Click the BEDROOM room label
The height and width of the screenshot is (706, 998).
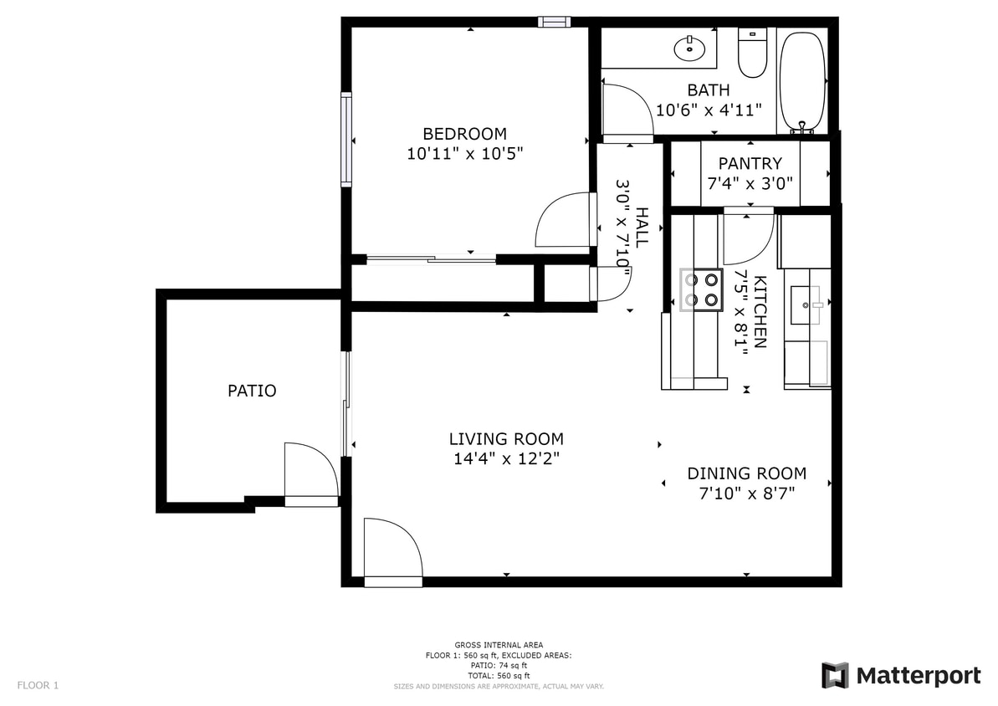click(464, 134)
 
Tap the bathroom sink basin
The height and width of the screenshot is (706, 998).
click(689, 48)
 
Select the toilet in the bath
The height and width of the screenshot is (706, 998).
click(752, 54)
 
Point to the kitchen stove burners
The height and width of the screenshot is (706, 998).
click(701, 289)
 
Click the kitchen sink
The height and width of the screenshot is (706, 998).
click(807, 304)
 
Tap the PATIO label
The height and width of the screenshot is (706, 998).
click(252, 391)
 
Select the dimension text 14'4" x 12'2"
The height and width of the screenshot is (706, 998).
click(505, 458)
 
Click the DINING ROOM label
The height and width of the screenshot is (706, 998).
click(746, 473)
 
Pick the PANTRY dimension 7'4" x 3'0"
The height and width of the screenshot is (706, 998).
click(750, 183)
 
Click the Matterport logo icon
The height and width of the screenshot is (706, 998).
click(835, 675)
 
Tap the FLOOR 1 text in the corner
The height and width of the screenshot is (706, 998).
click(38, 686)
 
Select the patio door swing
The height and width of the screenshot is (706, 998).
click(310, 473)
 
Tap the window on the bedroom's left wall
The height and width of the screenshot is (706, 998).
click(345, 139)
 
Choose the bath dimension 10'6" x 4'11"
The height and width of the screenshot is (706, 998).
click(708, 110)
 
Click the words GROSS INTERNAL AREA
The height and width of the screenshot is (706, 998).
click(499, 645)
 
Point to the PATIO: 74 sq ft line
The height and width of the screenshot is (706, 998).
click(499, 665)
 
